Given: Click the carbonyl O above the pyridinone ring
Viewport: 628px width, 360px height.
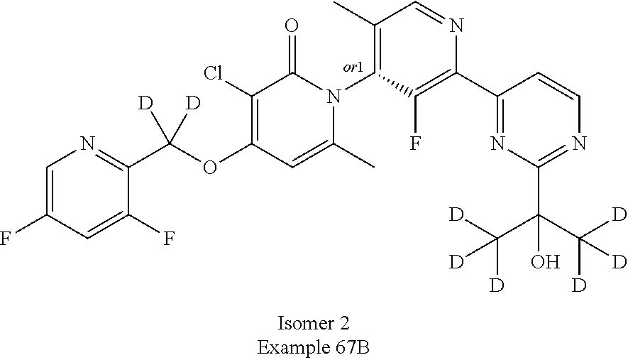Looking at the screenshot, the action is point(290,28).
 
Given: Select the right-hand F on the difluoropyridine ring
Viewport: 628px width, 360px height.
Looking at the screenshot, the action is point(169,237).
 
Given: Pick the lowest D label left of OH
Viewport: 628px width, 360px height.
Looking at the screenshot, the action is point(497,285).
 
